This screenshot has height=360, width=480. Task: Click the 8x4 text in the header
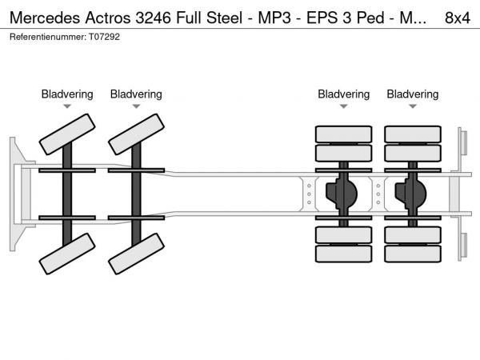(457, 18)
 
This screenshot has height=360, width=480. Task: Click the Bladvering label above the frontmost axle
(67, 94)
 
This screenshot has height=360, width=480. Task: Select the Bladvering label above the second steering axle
(136, 94)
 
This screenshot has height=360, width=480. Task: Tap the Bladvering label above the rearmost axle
(413, 94)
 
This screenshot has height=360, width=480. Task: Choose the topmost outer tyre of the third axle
(344, 134)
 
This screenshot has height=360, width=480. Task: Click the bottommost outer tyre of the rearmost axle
(413, 254)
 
